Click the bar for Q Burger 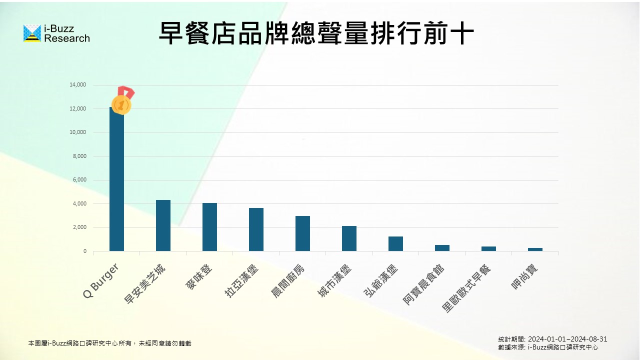116,180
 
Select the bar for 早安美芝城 163,225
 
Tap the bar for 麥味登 209,227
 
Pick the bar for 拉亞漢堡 256,229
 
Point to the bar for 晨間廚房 302,233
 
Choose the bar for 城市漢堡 349,238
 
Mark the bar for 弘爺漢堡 395,243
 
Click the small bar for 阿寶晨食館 442,248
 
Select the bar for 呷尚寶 535,249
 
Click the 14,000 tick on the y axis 78,85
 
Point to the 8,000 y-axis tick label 79,156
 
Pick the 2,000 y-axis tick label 79,227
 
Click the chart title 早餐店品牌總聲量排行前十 316,33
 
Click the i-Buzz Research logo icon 32,33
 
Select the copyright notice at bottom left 109,343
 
